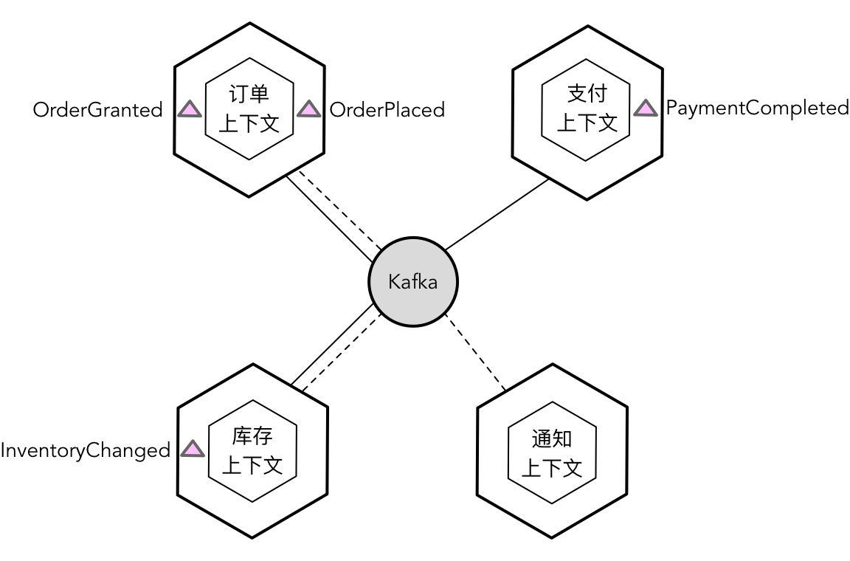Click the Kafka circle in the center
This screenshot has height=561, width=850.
coord(413,281)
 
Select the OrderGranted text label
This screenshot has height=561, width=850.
coord(97,110)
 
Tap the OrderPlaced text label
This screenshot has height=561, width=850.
coord(387,110)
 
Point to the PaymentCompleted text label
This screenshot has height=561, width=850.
coord(757,108)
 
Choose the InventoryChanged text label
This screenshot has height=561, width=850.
coord(85,450)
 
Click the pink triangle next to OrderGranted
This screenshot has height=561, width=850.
coord(190,109)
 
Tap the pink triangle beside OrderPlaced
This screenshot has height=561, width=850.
coord(308,109)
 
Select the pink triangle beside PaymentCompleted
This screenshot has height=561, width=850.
coord(646,109)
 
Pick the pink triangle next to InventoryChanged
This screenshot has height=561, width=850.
coord(193,449)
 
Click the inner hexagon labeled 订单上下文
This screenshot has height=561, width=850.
coord(249,109)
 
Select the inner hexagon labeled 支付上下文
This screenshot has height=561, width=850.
coord(586,109)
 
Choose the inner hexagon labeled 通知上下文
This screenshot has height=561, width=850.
coord(552,453)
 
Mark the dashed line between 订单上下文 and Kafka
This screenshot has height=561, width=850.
coord(340,212)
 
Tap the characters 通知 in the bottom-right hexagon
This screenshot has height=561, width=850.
coord(552,440)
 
